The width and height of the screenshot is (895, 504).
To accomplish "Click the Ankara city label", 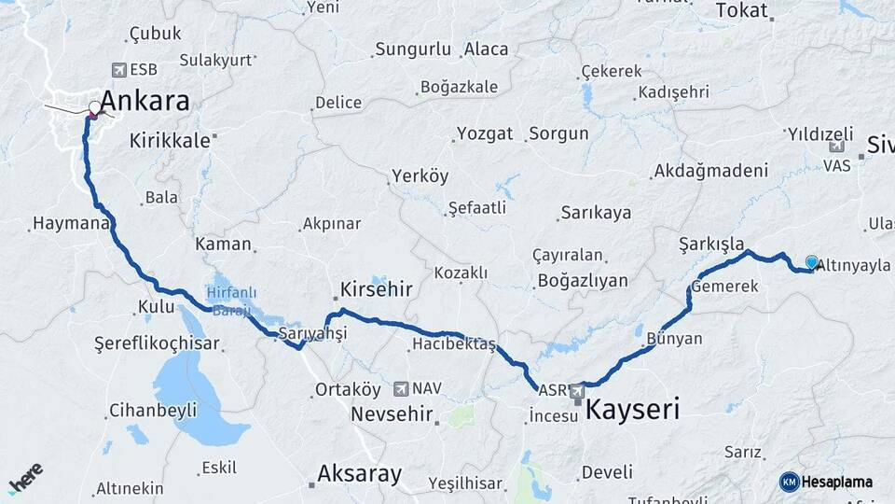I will pyautogui.click(x=145, y=101).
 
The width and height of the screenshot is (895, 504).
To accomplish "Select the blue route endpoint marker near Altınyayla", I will pyautogui.click(x=812, y=262).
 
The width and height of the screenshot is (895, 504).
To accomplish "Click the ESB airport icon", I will pyautogui.click(x=118, y=69).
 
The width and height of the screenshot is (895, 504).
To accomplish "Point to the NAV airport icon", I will pyautogui.click(x=401, y=387).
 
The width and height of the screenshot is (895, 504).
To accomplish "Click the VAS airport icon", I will pyautogui.click(x=835, y=147).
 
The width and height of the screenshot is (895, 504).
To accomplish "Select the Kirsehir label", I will pyautogui.click(x=376, y=289).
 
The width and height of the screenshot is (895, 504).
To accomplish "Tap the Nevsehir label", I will pyautogui.click(x=391, y=413).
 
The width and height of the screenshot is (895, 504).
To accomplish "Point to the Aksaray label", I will pyautogui.click(x=359, y=473).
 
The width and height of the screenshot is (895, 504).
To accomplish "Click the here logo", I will pyautogui.click(x=25, y=478).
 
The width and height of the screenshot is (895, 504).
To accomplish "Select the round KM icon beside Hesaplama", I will pyautogui.click(x=790, y=482).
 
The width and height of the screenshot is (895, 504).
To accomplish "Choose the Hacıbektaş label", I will pyautogui.click(x=453, y=344).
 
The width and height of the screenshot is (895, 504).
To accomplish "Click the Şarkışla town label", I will pyautogui.click(x=711, y=244).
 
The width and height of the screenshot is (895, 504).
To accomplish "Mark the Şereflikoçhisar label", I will pyautogui.click(x=157, y=343).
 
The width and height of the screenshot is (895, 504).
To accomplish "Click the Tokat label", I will pyautogui.click(x=741, y=10).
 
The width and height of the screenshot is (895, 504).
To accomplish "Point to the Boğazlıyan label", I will pyautogui.click(x=583, y=280).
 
